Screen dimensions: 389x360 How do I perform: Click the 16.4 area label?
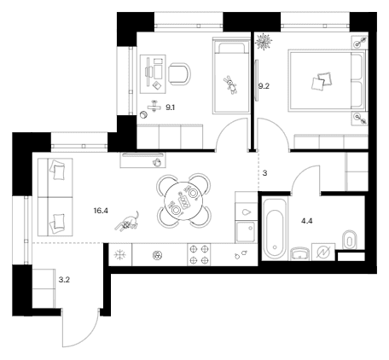click(x=101, y=211)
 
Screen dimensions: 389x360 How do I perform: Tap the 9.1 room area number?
click(x=170, y=107)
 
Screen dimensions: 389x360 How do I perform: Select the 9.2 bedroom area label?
click(x=264, y=86)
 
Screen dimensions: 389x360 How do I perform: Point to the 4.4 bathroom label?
click(x=307, y=221)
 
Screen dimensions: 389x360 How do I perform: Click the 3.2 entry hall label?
click(x=64, y=280)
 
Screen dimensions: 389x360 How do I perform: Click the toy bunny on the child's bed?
click(x=231, y=85)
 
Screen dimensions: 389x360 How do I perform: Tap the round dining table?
click(x=183, y=200)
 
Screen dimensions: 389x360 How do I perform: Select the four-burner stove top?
click(x=199, y=255)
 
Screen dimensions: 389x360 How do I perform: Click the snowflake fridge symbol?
click(x=119, y=255)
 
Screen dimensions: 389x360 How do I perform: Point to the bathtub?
click(x=275, y=229)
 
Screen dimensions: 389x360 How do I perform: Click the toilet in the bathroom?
click(x=350, y=239)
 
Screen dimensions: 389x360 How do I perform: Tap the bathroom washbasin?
click(x=300, y=253)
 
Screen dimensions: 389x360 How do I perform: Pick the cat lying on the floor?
click(x=127, y=222)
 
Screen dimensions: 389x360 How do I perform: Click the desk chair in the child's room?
click(x=179, y=74)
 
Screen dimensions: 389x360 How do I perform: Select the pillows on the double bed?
click(x=322, y=81)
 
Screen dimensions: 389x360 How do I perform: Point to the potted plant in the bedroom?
click(x=264, y=42)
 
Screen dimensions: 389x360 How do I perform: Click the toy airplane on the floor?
click(x=154, y=106)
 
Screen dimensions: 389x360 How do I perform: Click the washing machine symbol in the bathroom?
click(x=323, y=252)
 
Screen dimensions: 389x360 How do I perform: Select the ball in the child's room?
click(x=144, y=115)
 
